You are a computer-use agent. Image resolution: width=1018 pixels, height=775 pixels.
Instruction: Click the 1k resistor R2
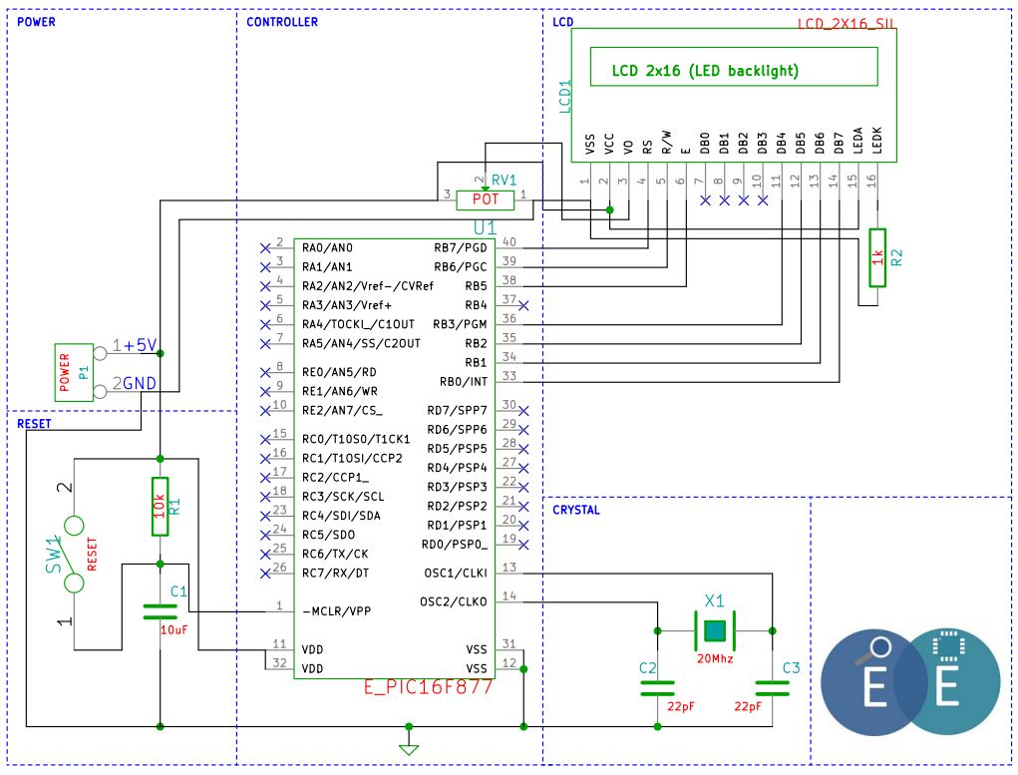[877, 257]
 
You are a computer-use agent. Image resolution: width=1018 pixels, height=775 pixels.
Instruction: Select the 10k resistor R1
[160, 507]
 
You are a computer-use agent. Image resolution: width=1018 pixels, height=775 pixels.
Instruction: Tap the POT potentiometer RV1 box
[485, 200]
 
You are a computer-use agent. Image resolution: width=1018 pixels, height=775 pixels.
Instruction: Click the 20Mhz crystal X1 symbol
[715, 630]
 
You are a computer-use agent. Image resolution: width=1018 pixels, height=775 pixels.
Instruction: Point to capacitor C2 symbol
[657, 688]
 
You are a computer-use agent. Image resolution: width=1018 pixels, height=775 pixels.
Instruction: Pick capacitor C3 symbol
[772, 688]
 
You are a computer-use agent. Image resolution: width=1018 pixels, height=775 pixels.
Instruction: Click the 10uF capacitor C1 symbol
[160, 611]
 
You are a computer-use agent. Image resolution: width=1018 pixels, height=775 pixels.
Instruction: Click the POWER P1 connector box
[74, 372]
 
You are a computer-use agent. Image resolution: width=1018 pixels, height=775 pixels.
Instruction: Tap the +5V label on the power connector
[140, 345]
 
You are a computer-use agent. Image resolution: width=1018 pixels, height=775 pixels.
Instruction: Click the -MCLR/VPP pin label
[336, 611]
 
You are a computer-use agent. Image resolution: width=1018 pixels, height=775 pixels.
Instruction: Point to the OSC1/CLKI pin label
[455, 573]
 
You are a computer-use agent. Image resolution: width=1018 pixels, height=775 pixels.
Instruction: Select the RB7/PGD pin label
[461, 247]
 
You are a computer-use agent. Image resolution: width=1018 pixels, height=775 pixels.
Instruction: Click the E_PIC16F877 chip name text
[428, 687]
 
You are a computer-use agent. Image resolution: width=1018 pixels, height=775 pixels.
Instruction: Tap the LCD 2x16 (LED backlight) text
[705, 71]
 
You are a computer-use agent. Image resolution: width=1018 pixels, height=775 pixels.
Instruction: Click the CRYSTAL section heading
[576, 510]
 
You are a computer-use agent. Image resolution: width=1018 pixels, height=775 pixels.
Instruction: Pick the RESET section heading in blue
[34, 424]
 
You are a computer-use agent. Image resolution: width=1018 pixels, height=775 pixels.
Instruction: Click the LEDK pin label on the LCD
[877, 141]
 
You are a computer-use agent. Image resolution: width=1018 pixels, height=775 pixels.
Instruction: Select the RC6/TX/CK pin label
[335, 555]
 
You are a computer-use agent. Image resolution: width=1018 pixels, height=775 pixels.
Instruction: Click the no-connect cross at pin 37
[523, 305]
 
